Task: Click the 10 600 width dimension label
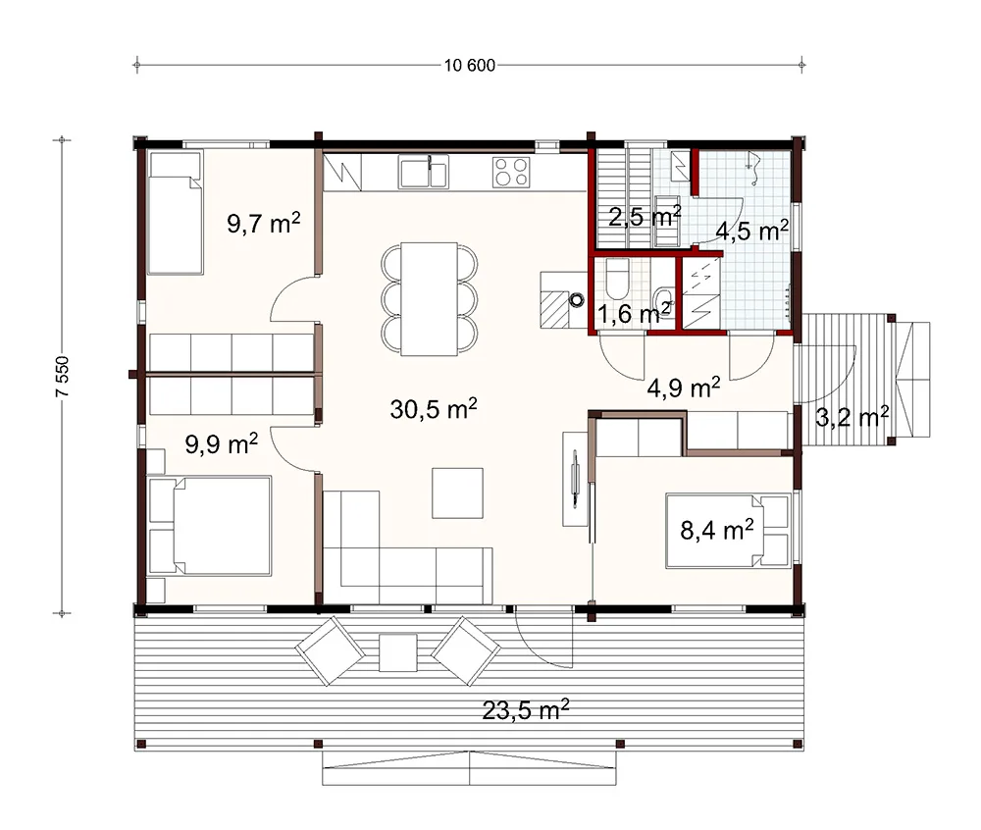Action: pos(470,65)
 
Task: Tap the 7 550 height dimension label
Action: pos(63,377)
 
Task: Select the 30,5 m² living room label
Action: pos(434,408)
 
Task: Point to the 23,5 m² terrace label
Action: pos(526,710)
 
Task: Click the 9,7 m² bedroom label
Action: pos(263,223)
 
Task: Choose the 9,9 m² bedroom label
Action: pos(222,444)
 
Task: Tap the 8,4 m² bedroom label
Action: pos(717,530)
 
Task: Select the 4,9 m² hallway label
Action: pos(683,388)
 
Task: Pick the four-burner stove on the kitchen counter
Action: pos(511,172)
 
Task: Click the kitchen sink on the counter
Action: pos(424,172)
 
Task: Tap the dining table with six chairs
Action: pos(430,299)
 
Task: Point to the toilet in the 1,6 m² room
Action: pos(617,280)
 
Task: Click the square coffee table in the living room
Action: pos(457,493)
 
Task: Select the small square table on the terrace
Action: pos(398,652)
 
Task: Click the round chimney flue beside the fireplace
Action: pos(576,300)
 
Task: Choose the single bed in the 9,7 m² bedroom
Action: pos(176,213)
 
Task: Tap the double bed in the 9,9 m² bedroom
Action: pos(210,526)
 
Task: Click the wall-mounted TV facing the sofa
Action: pos(576,479)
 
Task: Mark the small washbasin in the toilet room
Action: pos(663,296)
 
